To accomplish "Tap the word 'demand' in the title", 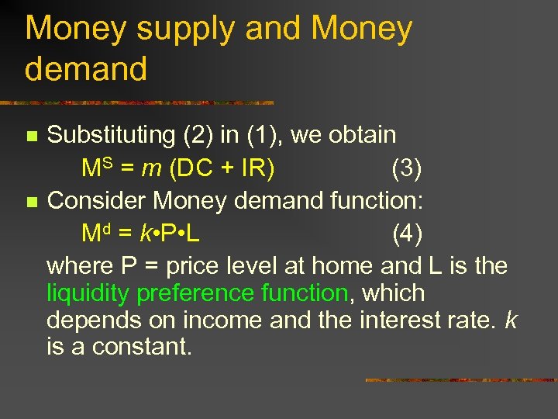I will point(86,69).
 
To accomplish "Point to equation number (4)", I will point(407,234).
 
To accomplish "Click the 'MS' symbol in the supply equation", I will point(98,168).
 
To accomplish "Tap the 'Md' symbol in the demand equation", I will point(98,234).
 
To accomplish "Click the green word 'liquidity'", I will point(85,294).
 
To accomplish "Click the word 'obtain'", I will point(362,135).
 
